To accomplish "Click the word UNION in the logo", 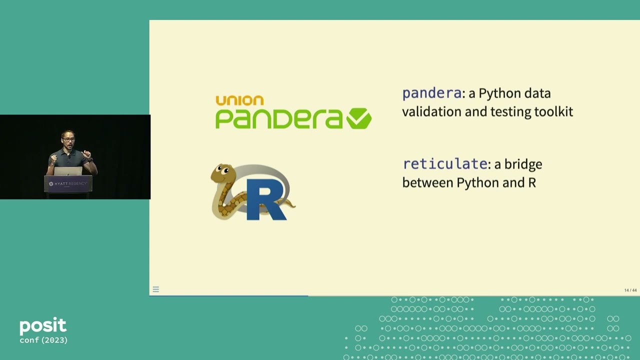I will (239, 100).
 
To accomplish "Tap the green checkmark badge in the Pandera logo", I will (359, 119).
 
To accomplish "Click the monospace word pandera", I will (431, 93).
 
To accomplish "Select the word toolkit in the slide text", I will (553, 111).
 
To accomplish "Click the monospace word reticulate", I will (444, 164).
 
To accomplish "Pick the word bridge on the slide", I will (523, 164).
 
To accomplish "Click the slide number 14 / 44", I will (630, 290).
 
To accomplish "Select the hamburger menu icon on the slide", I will (156, 289).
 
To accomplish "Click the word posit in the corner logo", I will (43, 326).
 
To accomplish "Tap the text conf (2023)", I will (43, 340).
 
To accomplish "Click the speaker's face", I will (68, 137).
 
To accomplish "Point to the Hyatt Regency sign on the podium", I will (68, 184).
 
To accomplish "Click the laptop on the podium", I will (68, 171).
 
